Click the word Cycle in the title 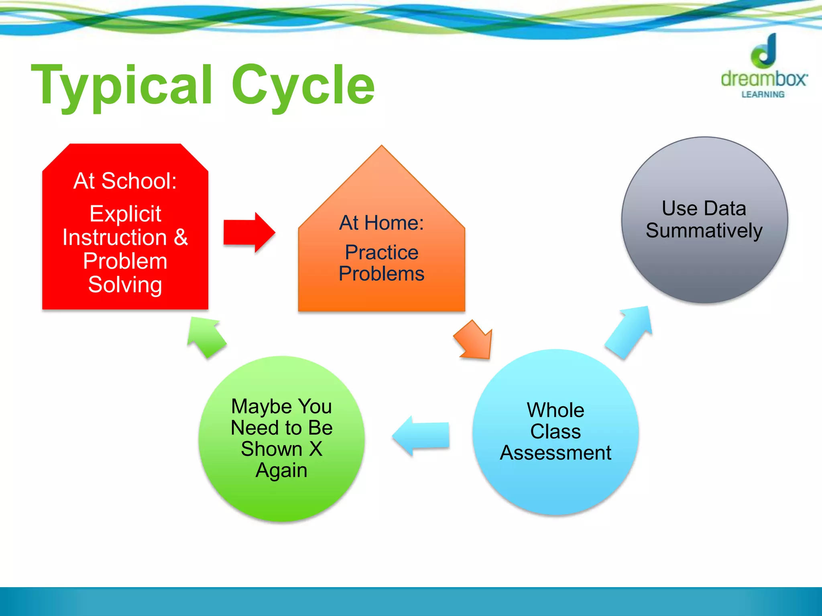point(303,85)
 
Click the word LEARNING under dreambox point(763,95)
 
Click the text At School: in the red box point(125,181)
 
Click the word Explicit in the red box point(125,213)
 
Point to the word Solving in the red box point(125,285)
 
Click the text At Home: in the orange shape point(381,223)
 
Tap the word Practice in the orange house point(381,252)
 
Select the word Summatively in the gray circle point(704,231)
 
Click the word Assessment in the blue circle point(555,453)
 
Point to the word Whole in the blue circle point(555,410)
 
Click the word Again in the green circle point(281,470)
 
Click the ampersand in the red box point(181,237)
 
